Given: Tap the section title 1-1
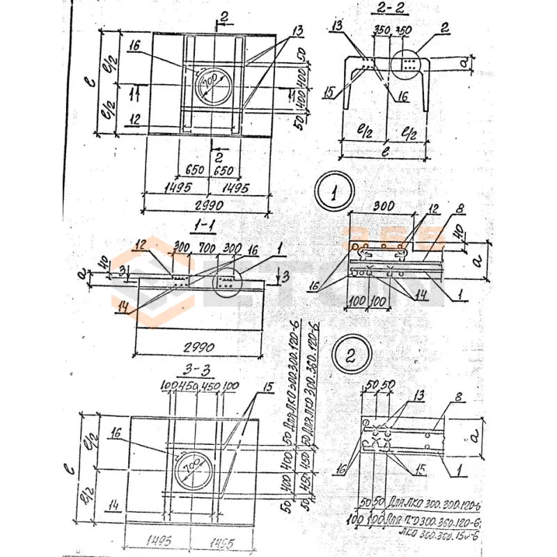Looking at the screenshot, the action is tap(207, 225).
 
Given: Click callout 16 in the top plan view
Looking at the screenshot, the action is tap(135, 46).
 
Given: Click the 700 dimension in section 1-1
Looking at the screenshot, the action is tap(205, 247).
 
